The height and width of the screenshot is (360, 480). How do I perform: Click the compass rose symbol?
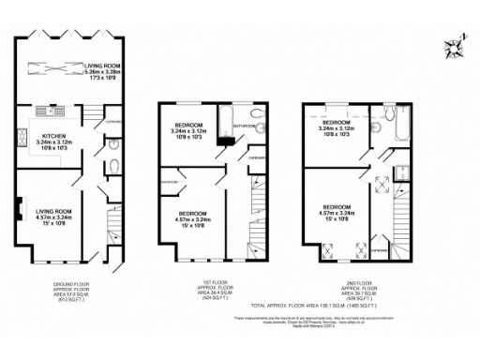[457, 47]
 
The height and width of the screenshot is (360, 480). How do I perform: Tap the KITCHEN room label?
[54, 135]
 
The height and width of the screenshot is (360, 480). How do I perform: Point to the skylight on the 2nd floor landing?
[382, 185]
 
